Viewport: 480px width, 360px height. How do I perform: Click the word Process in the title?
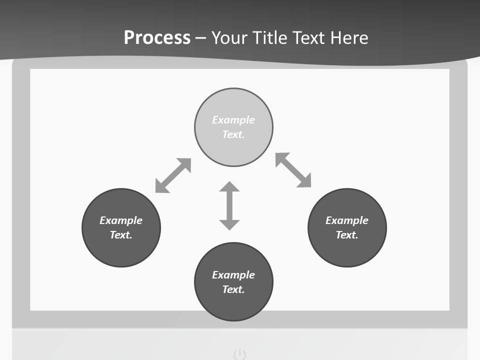(157, 38)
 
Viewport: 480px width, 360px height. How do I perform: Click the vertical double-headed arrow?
(229, 205)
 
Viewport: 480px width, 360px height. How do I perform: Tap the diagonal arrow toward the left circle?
(173, 175)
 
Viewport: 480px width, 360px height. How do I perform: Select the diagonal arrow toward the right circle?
(293, 170)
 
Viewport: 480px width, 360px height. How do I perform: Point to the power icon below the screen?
(240, 355)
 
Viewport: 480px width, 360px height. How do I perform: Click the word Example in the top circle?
(233, 120)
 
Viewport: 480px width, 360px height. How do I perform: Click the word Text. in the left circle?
(121, 235)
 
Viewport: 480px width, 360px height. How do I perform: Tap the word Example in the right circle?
(347, 220)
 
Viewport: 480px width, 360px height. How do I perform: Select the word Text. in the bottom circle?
(233, 289)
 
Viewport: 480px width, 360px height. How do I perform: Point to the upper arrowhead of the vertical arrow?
(229, 187)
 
